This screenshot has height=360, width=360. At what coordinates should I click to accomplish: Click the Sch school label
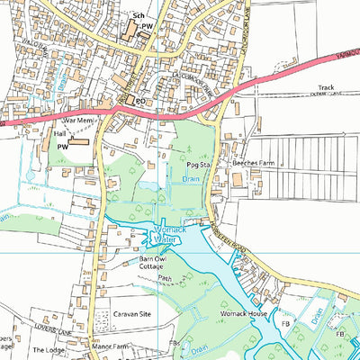tap(138, 16)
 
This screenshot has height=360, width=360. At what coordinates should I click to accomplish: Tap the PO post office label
tap(140, 101)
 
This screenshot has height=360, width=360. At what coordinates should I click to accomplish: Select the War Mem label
tap(77, 119)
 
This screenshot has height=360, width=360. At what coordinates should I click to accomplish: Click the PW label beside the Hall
tap(62, 145)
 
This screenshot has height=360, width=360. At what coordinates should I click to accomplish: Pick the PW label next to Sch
tap(147, 28)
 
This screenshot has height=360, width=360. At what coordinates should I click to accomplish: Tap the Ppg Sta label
tap(198, 166)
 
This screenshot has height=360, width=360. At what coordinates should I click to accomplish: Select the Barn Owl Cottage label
tap(156, 263)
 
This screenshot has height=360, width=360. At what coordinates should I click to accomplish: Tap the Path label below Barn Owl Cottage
tap(164, 279)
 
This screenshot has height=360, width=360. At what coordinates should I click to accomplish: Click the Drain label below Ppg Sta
tap(190, 179)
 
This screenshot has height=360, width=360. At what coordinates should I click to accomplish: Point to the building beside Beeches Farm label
tap(238, 181)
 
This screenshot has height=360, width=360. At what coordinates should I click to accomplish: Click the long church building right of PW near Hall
tap(80, 141)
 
